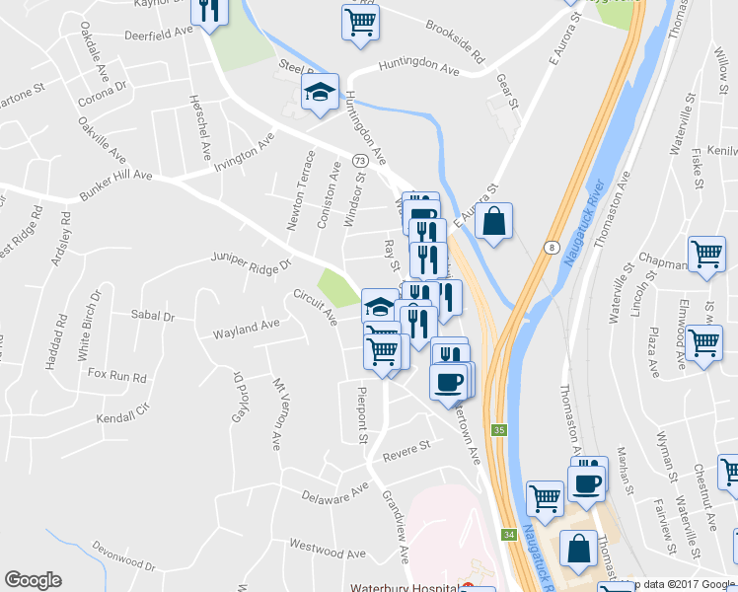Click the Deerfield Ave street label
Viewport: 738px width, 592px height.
(x=157, y=34)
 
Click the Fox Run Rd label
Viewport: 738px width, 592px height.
(x=116, y=376)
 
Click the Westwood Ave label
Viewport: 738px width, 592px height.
(x=321, y=545)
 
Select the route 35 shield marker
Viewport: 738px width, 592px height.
(x=499, y=430)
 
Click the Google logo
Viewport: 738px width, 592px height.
(x=33, y=580)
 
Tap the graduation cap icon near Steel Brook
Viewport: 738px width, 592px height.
(x=320, y=93)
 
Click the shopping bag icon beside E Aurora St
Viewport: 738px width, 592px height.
(x=494, y=222)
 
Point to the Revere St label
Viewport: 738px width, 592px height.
(x=407, y=447)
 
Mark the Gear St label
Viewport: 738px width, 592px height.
(x=507, y=93)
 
